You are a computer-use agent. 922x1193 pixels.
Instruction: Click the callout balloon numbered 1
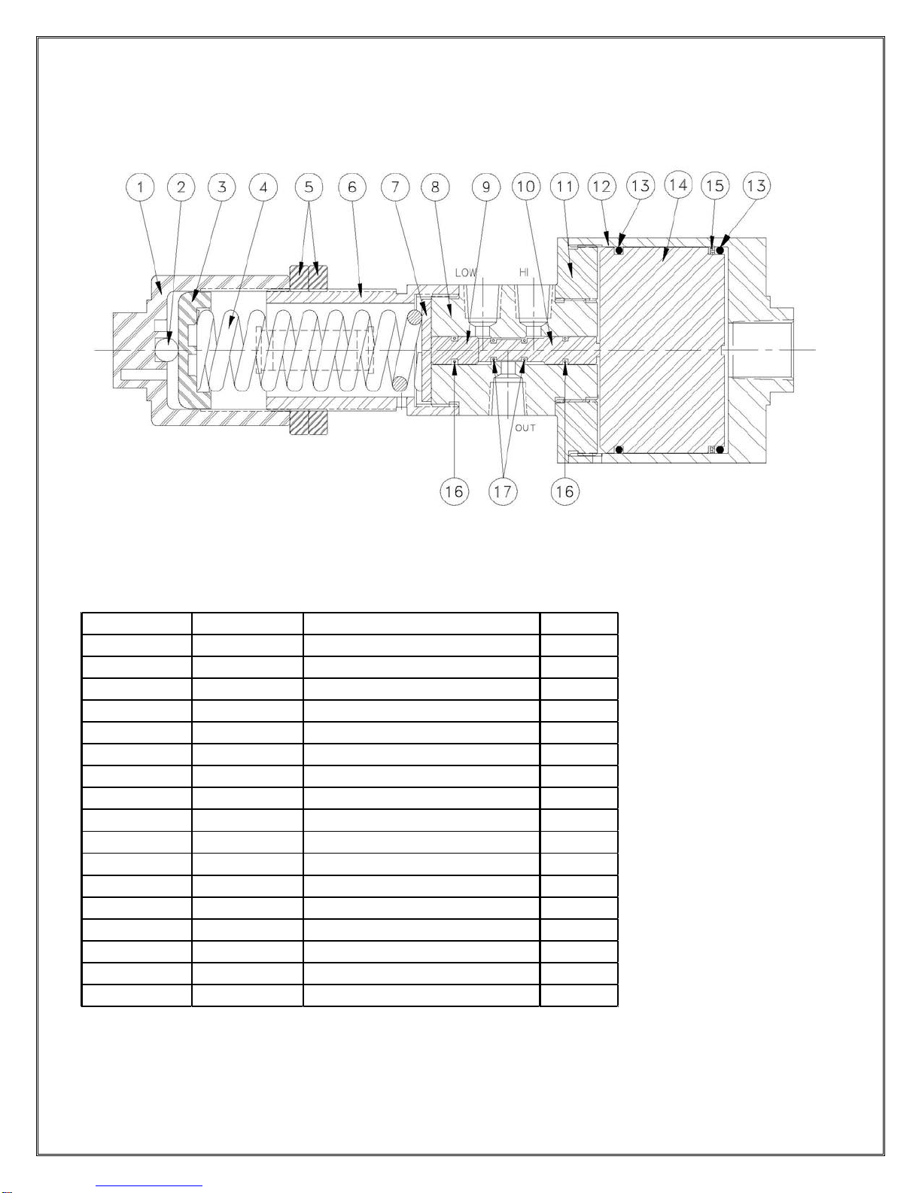click(x=140, y=186)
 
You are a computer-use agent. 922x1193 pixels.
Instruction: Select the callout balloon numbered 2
click(x=181, y=186)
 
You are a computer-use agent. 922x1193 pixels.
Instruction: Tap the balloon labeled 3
click(x=222, y=186)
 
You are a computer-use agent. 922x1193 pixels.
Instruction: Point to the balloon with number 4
click(x=263, y=186)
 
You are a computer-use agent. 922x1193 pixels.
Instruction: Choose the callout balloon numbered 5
click(x=309, y=186)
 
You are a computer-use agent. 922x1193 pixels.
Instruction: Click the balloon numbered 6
click(x=352, y=186)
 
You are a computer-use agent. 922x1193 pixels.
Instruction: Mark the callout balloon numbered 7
click(x=395, y=186)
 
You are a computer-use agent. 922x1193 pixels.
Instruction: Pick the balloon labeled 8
click(x=435, y=186)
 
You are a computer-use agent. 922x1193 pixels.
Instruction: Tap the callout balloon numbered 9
click(x=486, y=186)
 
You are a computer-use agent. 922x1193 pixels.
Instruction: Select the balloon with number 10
click(x=526, y=186)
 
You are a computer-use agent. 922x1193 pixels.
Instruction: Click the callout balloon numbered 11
click(x=564, y=186)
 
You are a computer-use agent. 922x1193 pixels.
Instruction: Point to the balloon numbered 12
click(x=602, y=186)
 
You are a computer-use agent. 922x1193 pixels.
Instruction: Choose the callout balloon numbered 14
click(x=678, y=186)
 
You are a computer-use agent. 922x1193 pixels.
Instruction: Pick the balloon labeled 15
click(x=716, y=186)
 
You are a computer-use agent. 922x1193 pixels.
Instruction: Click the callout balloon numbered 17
click(x=503, y=492)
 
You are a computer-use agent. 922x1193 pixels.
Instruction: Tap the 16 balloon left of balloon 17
click(x=454, y=492)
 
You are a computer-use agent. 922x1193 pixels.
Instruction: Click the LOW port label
click(x=466, y=273)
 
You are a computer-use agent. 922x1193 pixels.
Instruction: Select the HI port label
click(x=525, y=272)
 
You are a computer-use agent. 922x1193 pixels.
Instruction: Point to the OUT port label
click(x=525, y=428)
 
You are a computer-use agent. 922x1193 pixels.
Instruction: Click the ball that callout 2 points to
click(x=165, y=348)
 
